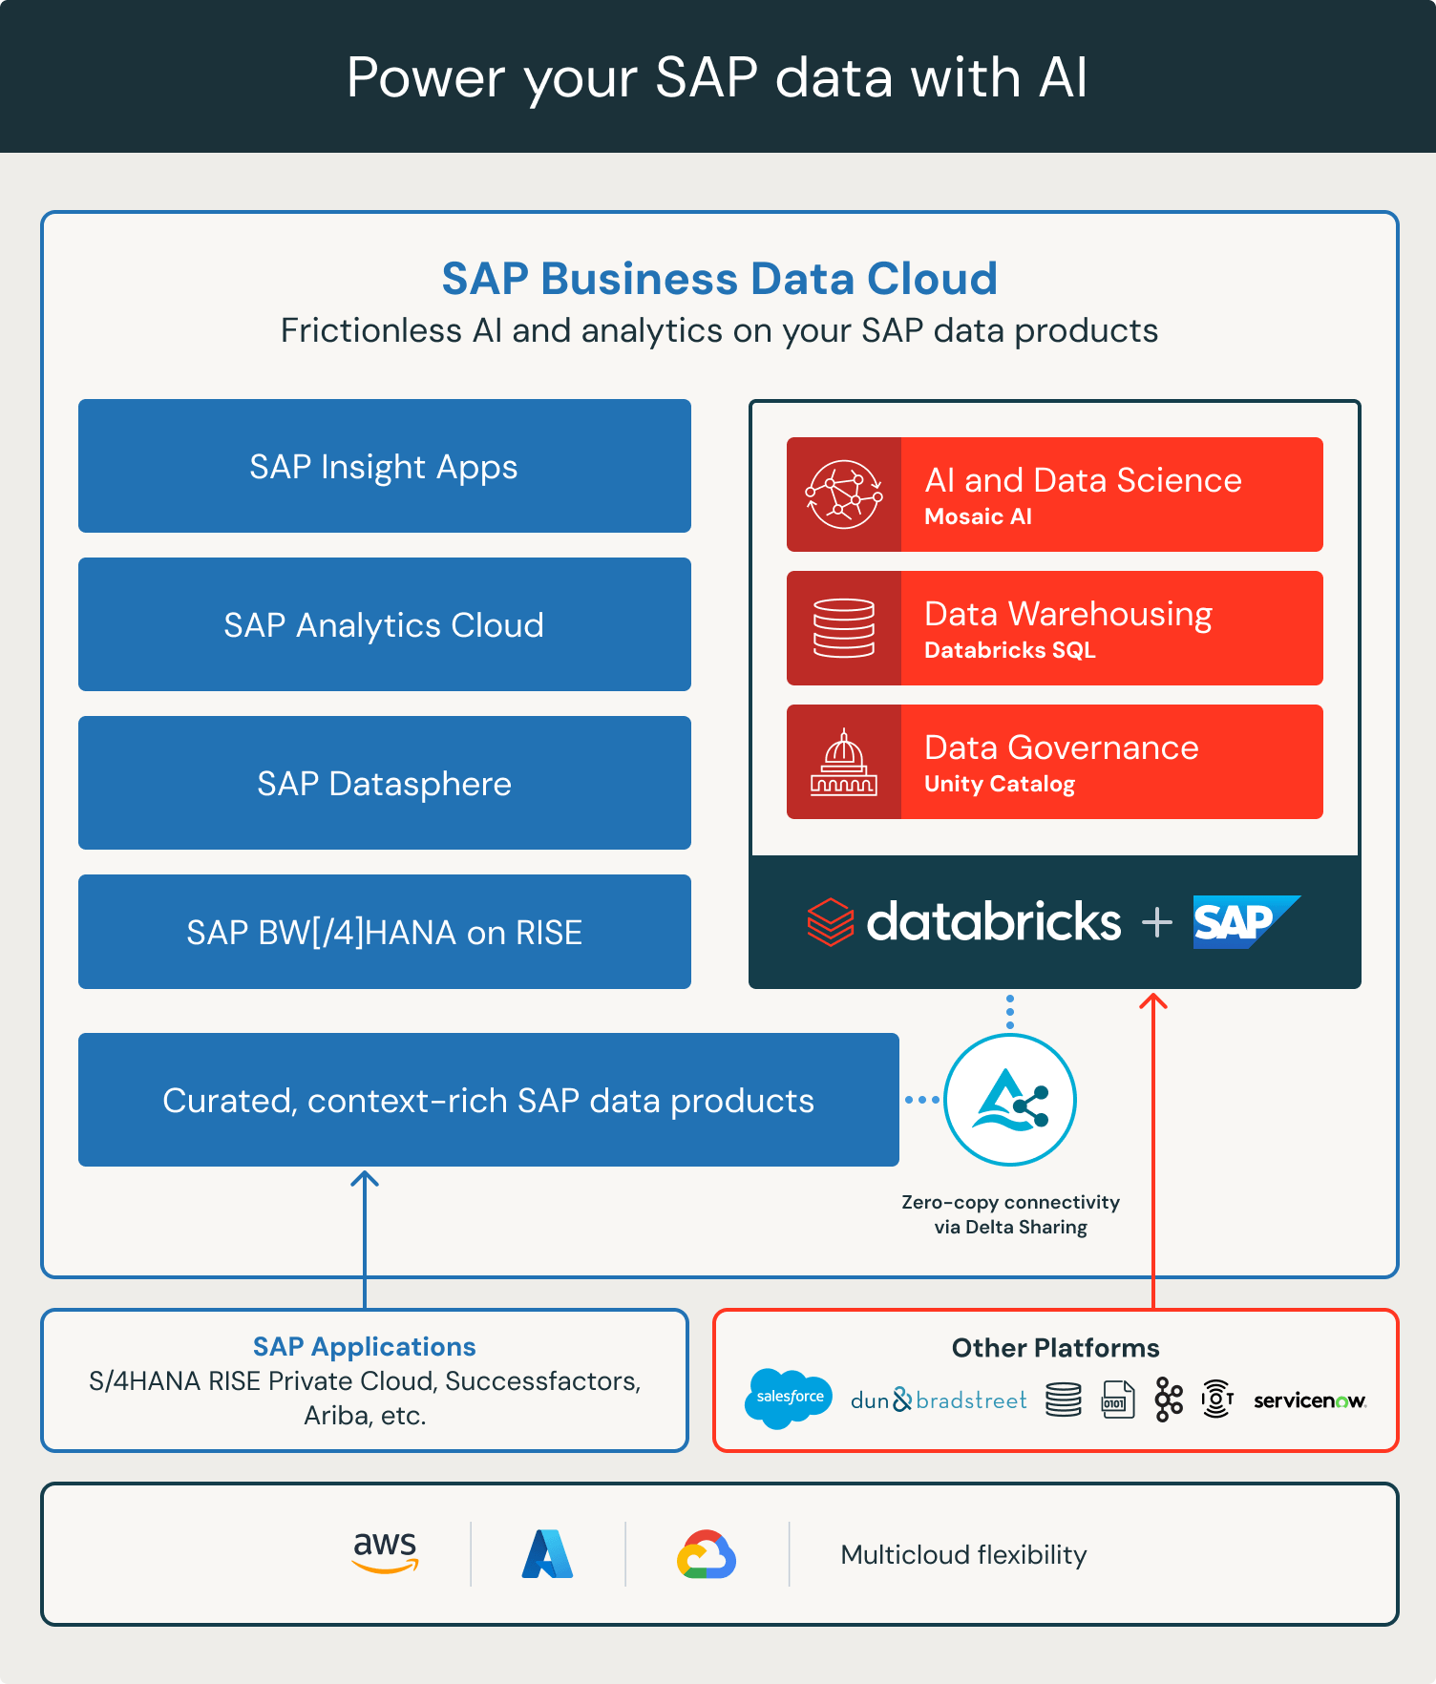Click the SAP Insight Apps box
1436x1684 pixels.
click(384, 466)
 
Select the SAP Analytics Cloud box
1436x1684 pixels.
click(384, 624)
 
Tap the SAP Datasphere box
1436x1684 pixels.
click(384, 783)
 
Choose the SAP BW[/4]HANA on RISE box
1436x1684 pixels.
click(384, 932)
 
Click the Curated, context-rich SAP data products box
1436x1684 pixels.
click(488, 1100)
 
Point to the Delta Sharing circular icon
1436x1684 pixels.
click(1010, 1100)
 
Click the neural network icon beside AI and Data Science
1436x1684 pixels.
click(844, 495)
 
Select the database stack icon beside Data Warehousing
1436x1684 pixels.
click(844, 628)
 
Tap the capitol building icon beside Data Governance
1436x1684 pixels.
click(844, 762)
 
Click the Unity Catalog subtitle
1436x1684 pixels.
click(1000, 784)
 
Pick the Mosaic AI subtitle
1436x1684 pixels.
click(978, 516)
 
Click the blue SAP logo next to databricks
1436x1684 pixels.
click(1244, 922)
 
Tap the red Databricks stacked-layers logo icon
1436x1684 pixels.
click(831, 922)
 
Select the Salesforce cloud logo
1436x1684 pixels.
click(789, 1398)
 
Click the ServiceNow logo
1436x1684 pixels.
click(1309, 1400)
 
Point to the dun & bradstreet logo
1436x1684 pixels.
click(939, 1400)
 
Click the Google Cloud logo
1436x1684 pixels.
click(707, 1554)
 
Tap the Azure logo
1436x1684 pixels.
click(547, 1554)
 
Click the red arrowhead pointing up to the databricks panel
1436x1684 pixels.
click(1153, 1000)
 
